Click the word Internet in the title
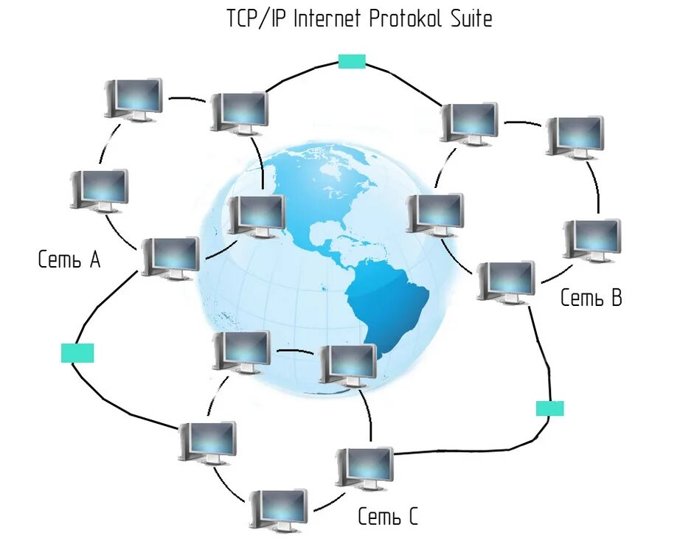(x=326, y=18)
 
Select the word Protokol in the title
(x=406, y=18)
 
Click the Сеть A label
(x=69, y=259)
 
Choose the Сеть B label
(x=591, y=298)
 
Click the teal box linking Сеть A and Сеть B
(x=352, y=61)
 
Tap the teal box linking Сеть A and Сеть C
(x=77, y=353)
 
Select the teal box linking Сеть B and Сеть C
(x=549, y=408)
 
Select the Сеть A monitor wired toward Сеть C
(x=170, y=256)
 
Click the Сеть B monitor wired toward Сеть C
(x=506, y=280)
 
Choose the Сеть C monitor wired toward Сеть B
(x=364, y=466)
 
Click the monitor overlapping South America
(x=349, y=363)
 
